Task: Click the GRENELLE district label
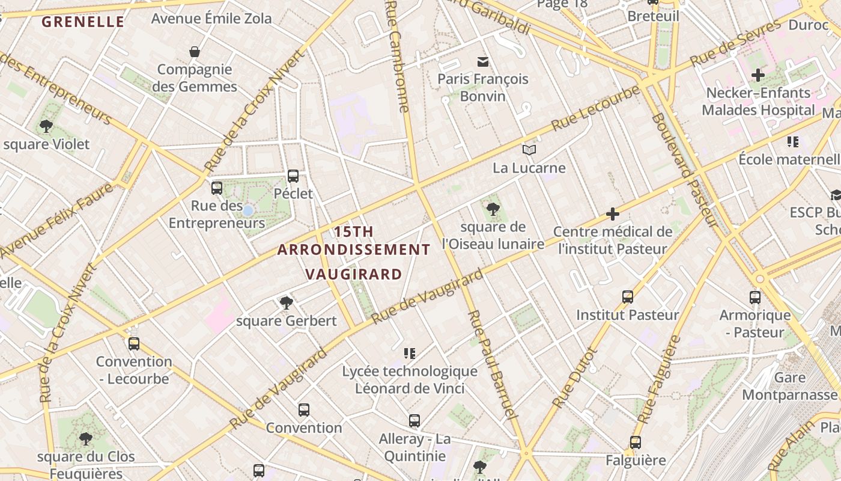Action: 83,22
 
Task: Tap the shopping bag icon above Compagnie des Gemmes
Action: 194,52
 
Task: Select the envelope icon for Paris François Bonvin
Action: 482,61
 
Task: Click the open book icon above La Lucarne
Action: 529,150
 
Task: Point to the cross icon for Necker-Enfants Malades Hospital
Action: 758,75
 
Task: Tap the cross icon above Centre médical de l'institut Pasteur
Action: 612,213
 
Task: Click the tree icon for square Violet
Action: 46,126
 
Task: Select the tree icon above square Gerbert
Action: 286,303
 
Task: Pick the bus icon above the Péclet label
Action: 293,176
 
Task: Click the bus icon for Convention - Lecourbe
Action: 134,344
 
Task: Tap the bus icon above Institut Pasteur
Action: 628,297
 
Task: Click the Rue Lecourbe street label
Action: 596,108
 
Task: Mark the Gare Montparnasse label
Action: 789,386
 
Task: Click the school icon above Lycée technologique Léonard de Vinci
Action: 410,354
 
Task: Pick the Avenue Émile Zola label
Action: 211,19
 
